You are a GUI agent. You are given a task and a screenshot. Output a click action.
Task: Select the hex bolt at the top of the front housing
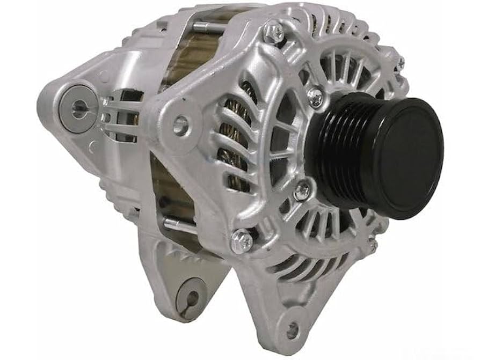click(x=274, y=33)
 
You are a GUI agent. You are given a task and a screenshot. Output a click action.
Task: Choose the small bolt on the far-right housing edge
click(x=400, y=63)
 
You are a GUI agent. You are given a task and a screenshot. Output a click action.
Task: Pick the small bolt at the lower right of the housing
click(x=372, y=244)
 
